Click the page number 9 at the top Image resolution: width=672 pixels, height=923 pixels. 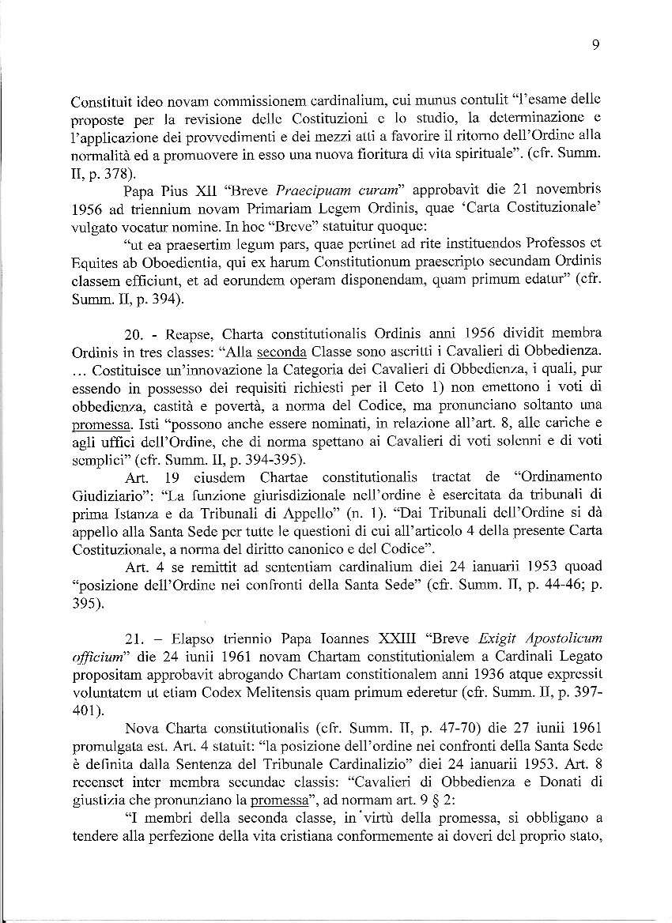[595, 45]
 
